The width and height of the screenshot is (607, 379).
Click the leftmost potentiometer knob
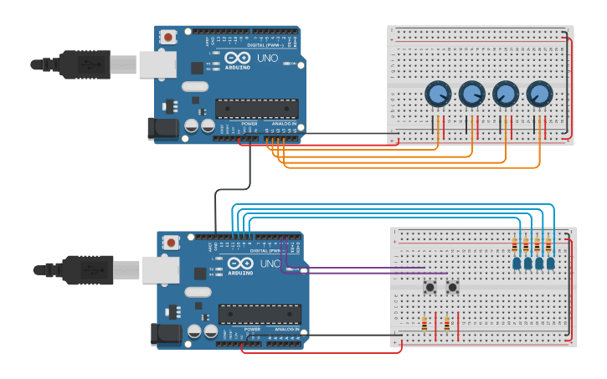pos(437,95)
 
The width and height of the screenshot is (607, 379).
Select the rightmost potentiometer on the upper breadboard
pos(539,95)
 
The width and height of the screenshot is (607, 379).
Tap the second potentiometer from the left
pos(471,95)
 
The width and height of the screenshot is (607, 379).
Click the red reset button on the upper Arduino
pos(169,37)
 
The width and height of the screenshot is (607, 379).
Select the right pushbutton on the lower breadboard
pos(453,287)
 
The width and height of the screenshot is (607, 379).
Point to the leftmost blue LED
pos(516,264)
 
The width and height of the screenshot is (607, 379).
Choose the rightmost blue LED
pos(550,264)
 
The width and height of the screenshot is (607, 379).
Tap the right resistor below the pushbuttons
pos(447,324)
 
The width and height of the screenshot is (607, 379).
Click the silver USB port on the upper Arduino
pos(158,64)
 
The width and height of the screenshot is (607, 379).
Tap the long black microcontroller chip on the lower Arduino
pos(260,314)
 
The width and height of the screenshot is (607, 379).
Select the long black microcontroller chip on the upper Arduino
pos(256,108)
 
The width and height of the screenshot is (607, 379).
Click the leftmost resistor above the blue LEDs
pos(514,245)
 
